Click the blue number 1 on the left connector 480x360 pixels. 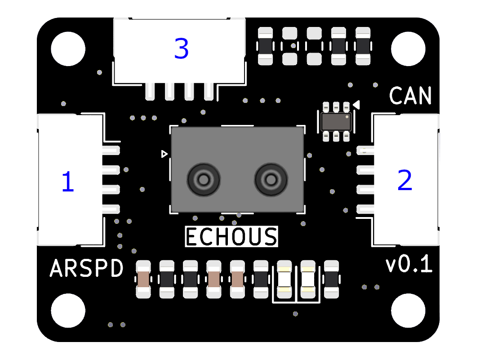click(x=67, y=182)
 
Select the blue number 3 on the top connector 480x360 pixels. click(x=181, y=49)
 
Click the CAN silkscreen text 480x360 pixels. click(x=410, y=96)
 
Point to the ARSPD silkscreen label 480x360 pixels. click(x=86, y=269)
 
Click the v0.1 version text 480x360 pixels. click(x=409, y=265)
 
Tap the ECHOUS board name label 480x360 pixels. click(x=231, y=237)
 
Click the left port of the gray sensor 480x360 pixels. click(x=204, y=180)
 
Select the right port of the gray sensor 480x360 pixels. click(x=271, y=180)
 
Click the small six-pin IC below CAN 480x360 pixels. click(x=336, y=121)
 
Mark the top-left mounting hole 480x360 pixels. click(x=68, y=47)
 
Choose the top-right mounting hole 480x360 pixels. click(x=408, y=47)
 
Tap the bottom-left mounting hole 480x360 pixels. click(x=68, y=310)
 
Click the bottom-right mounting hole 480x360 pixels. click(x=408, y=310)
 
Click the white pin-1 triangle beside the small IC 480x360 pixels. click(x=356, y=105)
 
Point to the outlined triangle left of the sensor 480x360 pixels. click(x=164, y=154)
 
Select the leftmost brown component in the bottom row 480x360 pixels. click(x=143, y=279)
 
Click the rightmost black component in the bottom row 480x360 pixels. click(x=331, y=279)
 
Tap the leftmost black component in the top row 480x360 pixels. click(x=265, y=45)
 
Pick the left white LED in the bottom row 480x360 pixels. click(x=284, y=279)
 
